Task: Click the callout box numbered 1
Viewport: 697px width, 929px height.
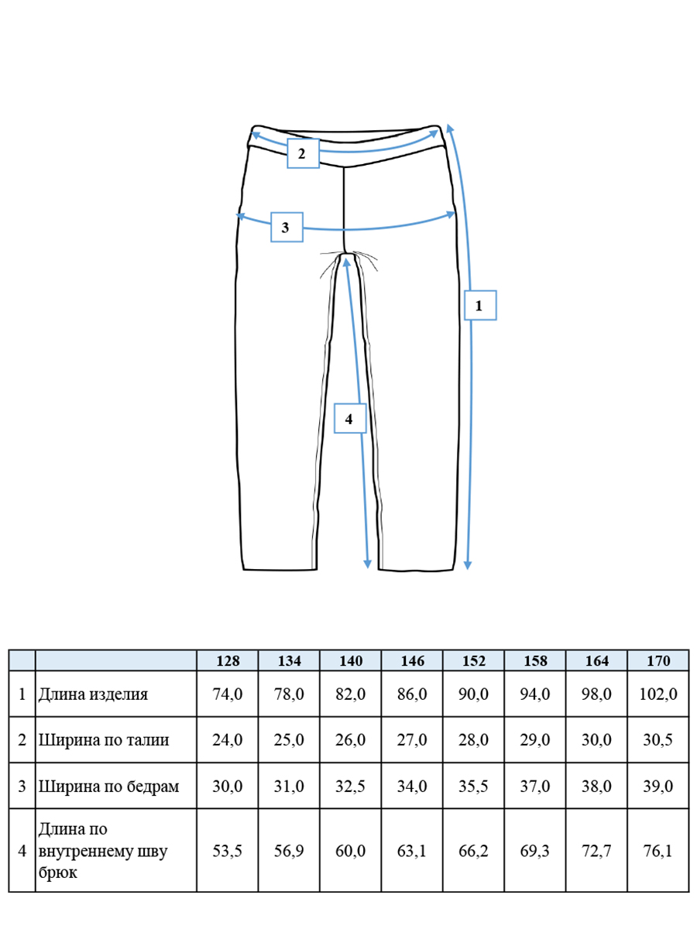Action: tap(480, 305)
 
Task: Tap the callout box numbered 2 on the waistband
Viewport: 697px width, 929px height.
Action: tap(303, 153)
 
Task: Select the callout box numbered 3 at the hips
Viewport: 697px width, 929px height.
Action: tap(287, 228)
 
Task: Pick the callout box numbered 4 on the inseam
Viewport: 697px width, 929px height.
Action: tap(350, 419)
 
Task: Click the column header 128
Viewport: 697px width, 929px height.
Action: tap(228, 660)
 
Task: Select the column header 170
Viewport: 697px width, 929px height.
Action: tap(658, 660)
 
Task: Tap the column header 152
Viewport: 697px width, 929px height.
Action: tap(473, 660)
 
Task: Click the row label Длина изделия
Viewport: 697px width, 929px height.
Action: tap(93, 694)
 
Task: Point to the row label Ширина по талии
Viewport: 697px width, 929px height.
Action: tap(104, 740)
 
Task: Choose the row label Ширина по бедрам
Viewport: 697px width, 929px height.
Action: tap(108, 787)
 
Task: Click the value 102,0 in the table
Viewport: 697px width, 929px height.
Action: tap(658, 694)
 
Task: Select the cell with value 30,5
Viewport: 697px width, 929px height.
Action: tap(658, 740)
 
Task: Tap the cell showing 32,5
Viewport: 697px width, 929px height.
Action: tap(350, 786)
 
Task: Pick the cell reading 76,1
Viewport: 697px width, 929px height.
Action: tap(658, 851)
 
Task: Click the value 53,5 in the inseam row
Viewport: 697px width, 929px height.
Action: tap(227, 851)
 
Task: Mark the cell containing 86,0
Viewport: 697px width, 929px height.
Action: tap(412, 694)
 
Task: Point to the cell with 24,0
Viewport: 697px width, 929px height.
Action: tap(227, 740)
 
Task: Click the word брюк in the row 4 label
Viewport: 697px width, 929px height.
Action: tap(57, 872)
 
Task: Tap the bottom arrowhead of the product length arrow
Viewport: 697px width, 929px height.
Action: tap(468, 565)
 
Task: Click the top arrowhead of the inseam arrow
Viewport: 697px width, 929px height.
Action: tap(346, 262)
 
